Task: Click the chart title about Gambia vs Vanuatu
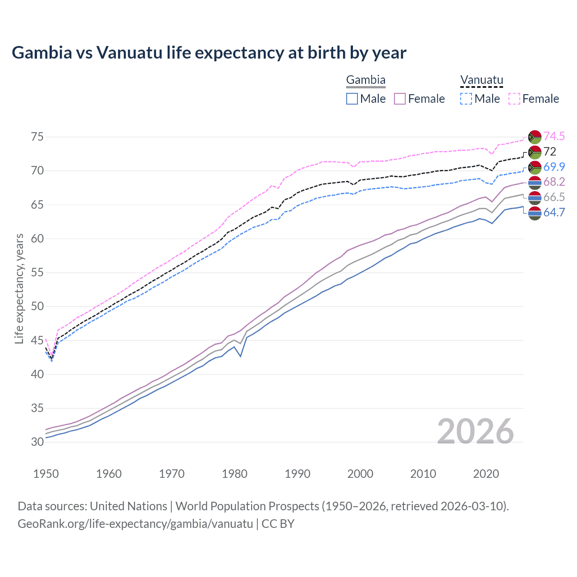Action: (x=209, y=53)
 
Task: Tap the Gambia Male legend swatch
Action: (x=352, y=99)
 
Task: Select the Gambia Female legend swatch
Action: (x=400, y=99)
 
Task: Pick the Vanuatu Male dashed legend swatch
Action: (x=466, y=99)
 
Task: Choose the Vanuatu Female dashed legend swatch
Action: (x=514, y=99)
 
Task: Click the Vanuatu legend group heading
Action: (x=481, y=80)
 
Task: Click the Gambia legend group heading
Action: (x=366, y=80)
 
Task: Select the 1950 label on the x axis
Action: (x=46, y=474)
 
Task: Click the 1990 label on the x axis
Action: (x=298, y=474)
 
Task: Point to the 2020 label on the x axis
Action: (x=486, y=474)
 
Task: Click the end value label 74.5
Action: (x=554, y=136)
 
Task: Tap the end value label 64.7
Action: (x=554, y=212)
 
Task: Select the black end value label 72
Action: (x=550, y=151)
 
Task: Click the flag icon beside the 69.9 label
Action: (x=535, y=167)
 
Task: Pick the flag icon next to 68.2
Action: (x=535, y=182)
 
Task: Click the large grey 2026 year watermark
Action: (x=476, y=431)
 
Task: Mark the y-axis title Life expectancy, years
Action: (x=19, y=289)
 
